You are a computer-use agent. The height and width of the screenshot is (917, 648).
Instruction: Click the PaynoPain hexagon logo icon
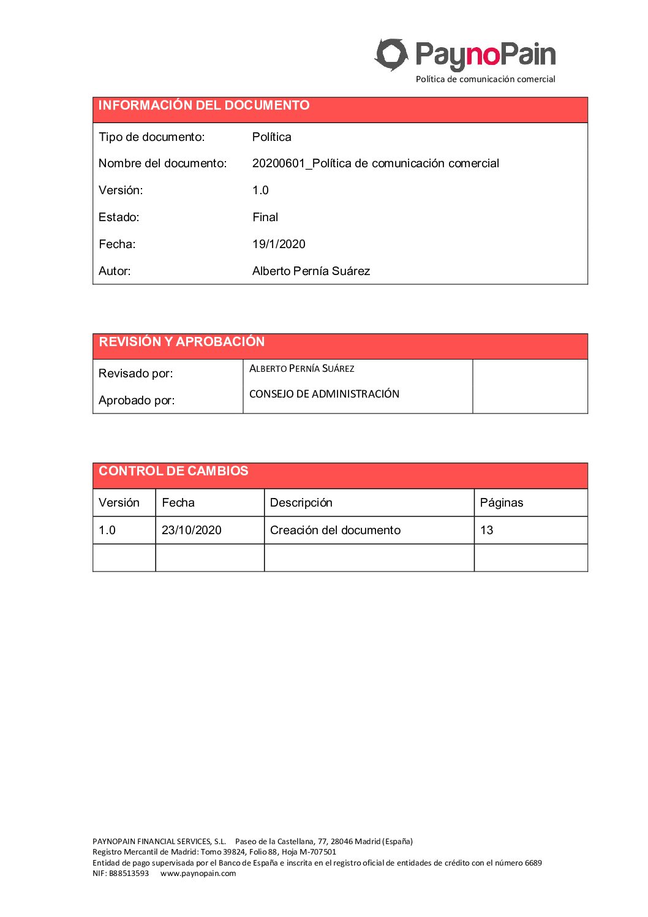(391, 55)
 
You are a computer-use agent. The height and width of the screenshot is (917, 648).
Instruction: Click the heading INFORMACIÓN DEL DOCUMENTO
(204, 105)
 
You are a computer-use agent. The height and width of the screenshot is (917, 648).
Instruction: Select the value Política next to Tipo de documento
(271, 137)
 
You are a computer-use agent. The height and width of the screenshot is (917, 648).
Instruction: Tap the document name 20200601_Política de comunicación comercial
(375, 164)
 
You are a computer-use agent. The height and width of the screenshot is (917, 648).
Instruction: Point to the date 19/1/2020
(279, 244)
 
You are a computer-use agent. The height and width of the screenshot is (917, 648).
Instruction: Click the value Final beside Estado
(265, 217)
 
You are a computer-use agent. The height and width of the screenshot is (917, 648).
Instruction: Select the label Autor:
(115, 271)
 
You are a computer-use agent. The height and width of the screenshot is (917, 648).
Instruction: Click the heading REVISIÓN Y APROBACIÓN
(182, 342)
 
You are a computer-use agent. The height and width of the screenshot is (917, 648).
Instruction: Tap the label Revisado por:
(135, 374)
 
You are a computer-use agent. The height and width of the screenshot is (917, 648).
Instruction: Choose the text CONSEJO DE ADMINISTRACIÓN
(324, 394)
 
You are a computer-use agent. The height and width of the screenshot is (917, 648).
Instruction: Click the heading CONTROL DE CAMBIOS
(173, 471)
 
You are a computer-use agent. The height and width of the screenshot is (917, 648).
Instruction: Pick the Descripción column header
(301, 503)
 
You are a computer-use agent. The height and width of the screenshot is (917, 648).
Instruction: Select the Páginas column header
(501, 503)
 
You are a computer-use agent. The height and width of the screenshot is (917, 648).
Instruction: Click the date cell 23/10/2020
(191, 530)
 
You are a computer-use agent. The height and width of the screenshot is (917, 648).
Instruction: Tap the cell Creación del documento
(335, 530)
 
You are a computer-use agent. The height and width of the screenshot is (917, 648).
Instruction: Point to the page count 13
(486, 530)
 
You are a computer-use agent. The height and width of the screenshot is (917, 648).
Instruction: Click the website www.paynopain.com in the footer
(198, 874)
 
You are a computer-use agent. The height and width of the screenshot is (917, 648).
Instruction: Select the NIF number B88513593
(129, 874)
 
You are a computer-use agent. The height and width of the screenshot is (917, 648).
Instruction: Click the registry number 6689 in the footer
(533, 863)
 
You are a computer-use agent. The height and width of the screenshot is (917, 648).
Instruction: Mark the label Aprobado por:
(137, 401)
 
